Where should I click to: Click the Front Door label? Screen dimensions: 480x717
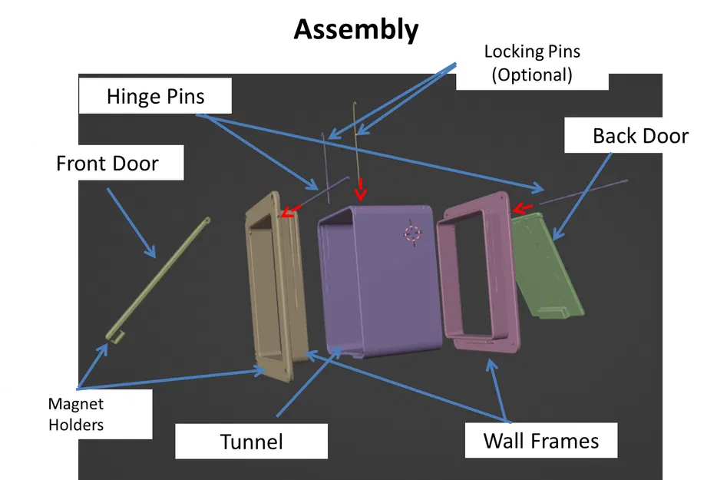107,164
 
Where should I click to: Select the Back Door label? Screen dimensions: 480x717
640,137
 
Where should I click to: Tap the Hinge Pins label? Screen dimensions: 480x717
156,97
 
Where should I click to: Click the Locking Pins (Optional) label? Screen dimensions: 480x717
532,63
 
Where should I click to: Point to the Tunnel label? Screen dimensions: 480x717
252,442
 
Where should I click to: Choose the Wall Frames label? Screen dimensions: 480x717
541,441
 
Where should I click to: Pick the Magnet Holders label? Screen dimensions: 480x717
76,414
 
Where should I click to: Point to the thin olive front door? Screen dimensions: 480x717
161,276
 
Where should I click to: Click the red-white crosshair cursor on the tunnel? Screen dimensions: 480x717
412,233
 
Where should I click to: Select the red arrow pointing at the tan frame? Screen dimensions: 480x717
289,209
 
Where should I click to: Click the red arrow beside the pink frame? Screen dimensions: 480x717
523,207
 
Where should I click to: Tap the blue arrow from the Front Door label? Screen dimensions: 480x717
131,222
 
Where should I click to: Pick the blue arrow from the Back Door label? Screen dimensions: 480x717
583,192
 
